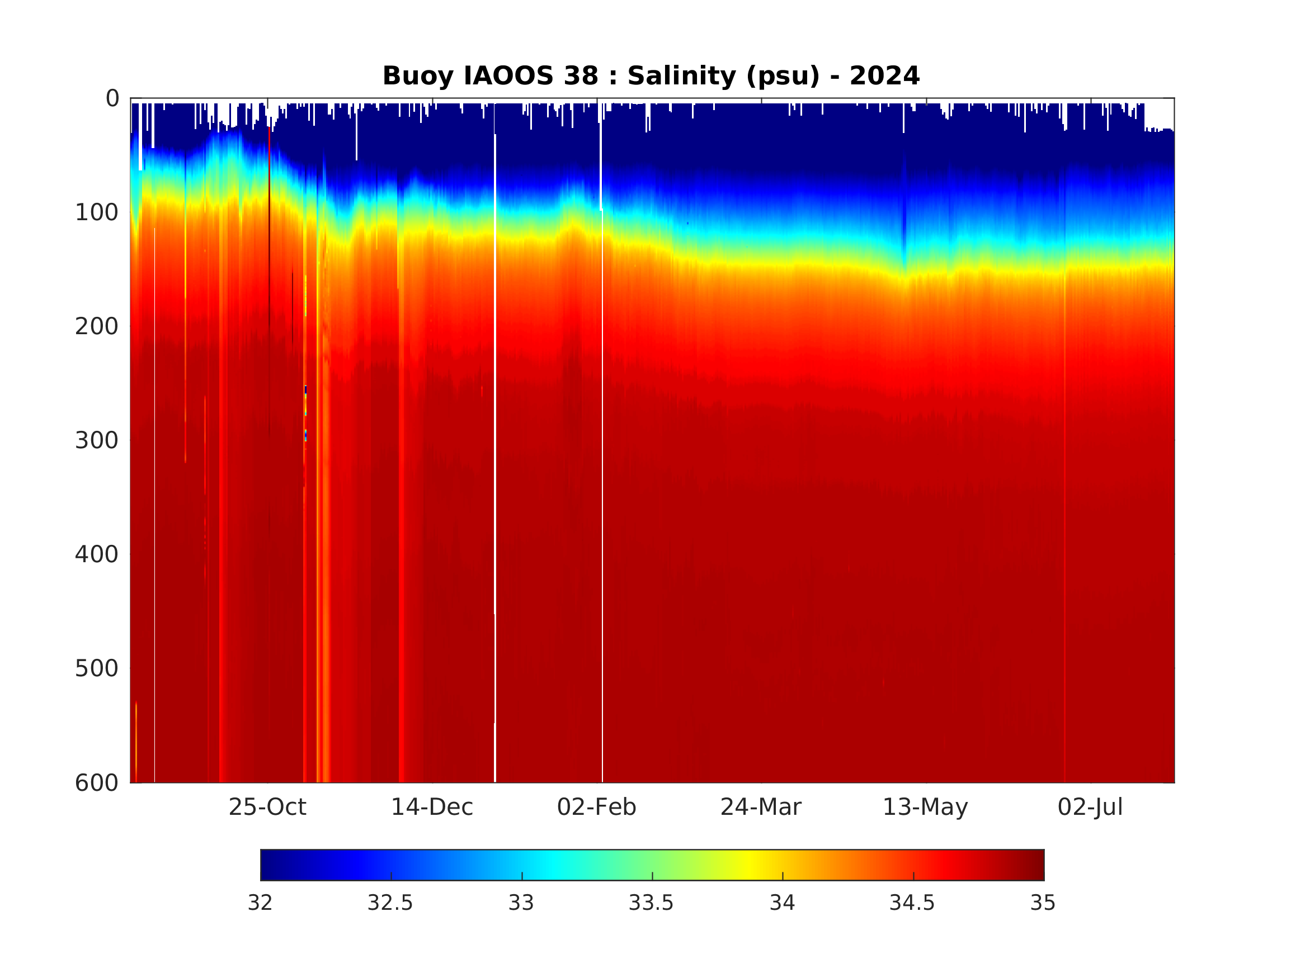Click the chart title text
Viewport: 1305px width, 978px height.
pos(651,76)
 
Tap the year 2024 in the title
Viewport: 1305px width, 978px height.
pos(884,76)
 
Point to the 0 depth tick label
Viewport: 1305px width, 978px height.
pos(112,98)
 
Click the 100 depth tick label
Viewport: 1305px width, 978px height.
pos(97,213)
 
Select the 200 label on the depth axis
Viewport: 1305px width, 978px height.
pos(97,326)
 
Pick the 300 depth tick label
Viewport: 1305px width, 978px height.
pos(97,440)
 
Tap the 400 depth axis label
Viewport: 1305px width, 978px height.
pos(97,554)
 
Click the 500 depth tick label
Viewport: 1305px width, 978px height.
pos(97,668)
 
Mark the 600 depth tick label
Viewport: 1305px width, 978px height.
pos(97,783)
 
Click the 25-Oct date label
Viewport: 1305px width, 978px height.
pos(267,807)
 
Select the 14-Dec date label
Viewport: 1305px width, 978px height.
pos(432,807)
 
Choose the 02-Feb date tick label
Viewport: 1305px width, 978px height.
pos(596,807)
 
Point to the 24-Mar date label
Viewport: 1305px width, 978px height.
pos(761,807)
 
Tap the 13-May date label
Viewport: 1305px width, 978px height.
pos(925,807)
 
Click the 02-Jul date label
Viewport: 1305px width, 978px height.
pos(1090,807)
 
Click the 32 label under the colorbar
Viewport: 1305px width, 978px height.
pos(260,903)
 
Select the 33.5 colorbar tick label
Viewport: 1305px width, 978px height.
pos(651,903)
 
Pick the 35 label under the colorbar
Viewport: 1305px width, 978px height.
pos(1043,903)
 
